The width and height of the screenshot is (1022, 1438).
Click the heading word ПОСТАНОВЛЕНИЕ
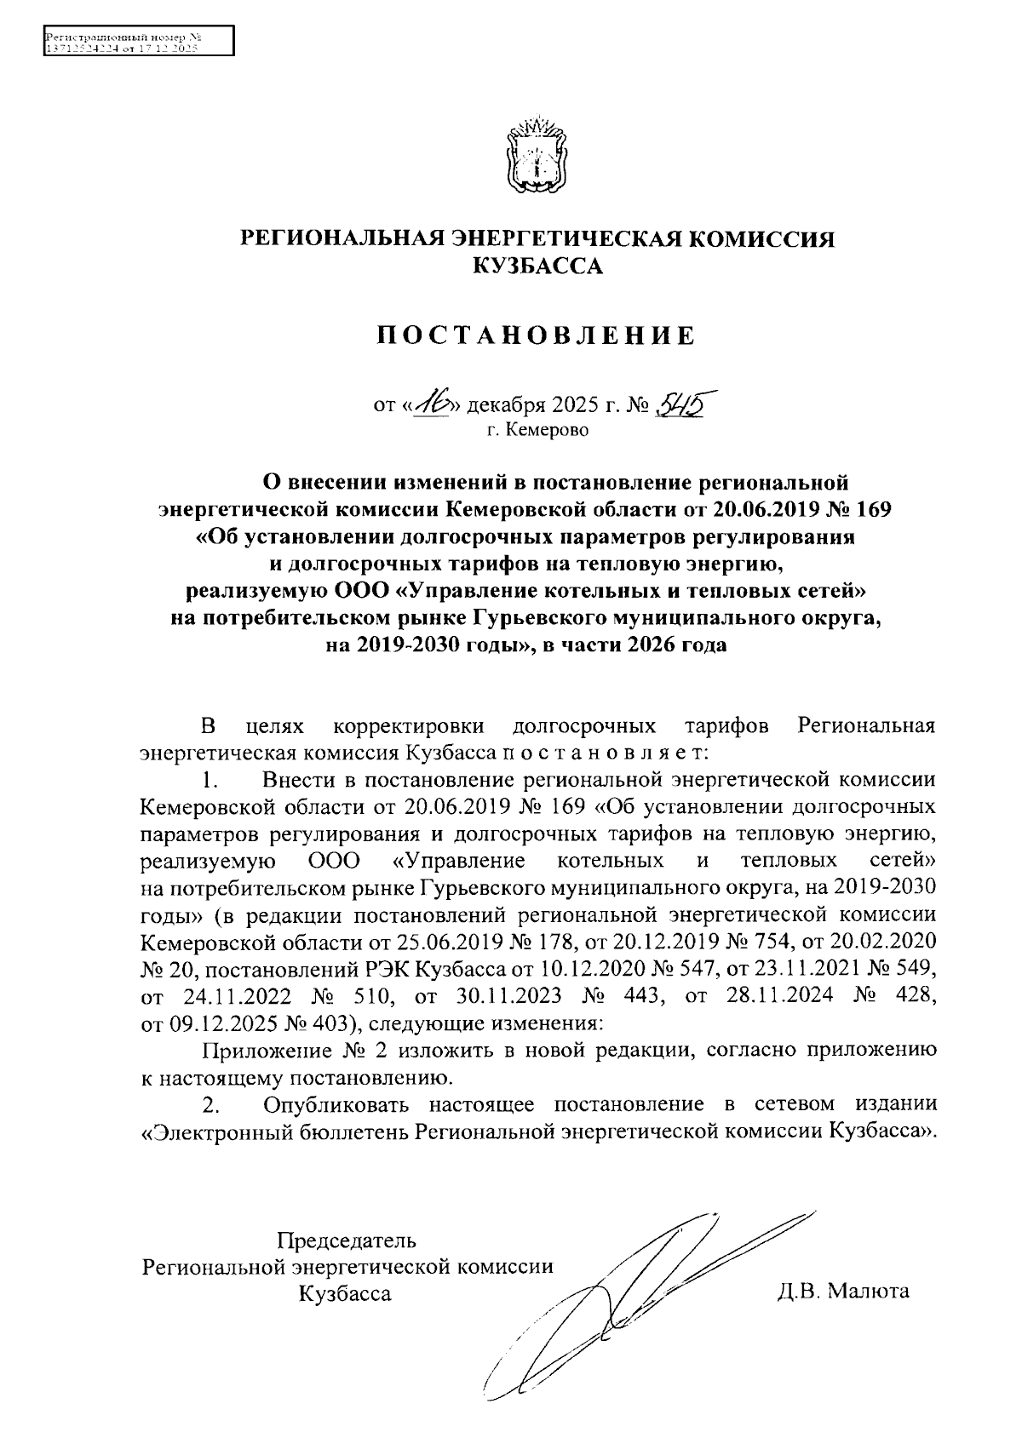point(537,336)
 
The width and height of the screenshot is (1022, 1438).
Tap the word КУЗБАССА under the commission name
point(537,267)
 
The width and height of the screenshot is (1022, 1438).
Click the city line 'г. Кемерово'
point(537,431)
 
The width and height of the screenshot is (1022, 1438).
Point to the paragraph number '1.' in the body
point(211,780)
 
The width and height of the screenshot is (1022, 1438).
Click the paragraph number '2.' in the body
point(211,1105)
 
